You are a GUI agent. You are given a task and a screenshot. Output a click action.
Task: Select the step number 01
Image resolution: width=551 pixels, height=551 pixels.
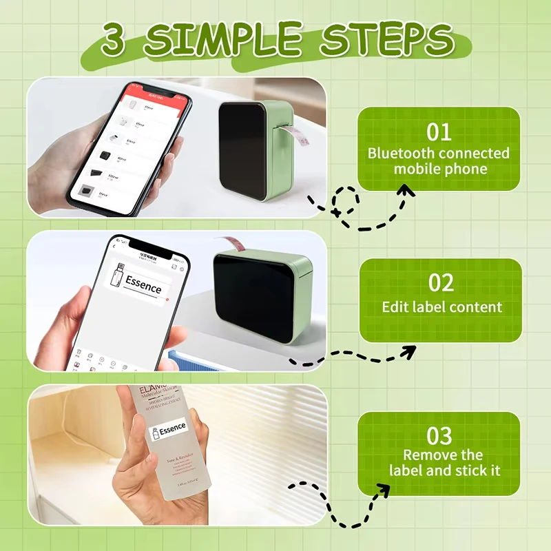(x=438, y=132)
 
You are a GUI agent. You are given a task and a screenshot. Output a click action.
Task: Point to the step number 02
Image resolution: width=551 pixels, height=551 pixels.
(x=439, y=283)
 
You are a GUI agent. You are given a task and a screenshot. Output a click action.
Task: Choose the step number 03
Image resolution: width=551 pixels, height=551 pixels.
(x=439, y=436)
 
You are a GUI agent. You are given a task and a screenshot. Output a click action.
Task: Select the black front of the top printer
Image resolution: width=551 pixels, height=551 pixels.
(x=242, y=152)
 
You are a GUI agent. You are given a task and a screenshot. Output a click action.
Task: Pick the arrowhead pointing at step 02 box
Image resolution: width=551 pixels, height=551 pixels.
(x=408, y=352)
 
